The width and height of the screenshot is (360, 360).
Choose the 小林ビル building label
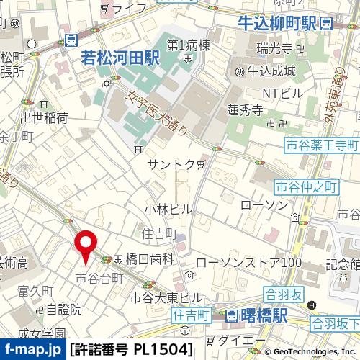pos(168,210)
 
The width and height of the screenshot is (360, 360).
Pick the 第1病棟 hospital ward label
pos(189,44)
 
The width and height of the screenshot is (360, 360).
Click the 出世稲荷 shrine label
pos(45,117)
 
